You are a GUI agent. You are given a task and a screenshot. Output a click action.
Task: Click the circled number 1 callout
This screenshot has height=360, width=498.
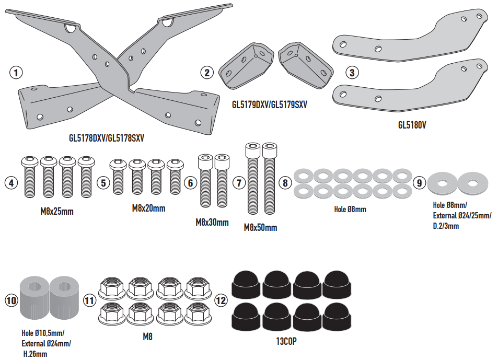pos(16,73)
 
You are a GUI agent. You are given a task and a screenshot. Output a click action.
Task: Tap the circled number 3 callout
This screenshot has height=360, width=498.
pos(352,73)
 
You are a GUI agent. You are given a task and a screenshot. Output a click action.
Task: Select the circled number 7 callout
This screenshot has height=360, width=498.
pos(239,183)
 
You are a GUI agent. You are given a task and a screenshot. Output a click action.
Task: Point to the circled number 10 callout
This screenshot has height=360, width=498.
pos(11,300)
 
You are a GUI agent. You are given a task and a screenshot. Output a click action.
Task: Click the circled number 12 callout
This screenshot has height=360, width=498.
pos(221,300)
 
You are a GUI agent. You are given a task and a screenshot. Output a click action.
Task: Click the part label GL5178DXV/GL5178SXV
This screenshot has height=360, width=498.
pos(107,138)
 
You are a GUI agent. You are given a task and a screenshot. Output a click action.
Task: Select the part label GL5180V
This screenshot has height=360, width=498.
pos(412,125)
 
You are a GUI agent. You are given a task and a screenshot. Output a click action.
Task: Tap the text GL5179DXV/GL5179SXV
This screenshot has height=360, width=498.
pos(270,105)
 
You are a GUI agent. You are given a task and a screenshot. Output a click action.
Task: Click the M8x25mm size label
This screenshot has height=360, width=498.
pos(57,212)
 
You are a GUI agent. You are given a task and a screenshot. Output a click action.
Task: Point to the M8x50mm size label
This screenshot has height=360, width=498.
pos(260,227)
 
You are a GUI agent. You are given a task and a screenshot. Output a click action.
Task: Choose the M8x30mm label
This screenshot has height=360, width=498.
pos(212,222)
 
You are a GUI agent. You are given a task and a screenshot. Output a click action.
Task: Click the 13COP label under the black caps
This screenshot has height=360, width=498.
pos(286,341)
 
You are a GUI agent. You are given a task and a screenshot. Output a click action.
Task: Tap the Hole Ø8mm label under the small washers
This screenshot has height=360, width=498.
pos(350,209)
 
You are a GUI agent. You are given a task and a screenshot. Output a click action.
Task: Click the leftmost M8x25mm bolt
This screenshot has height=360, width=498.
pos(30,177)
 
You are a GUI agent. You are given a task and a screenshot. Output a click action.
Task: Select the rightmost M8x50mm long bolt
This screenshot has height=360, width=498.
pos(270,179)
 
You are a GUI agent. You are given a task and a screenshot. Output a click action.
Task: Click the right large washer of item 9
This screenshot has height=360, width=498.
pos(473,183)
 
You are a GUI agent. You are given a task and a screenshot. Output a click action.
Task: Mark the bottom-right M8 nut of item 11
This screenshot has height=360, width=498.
pos(199,315)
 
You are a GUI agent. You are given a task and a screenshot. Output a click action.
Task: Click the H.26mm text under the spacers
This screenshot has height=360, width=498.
pos(35,354)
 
